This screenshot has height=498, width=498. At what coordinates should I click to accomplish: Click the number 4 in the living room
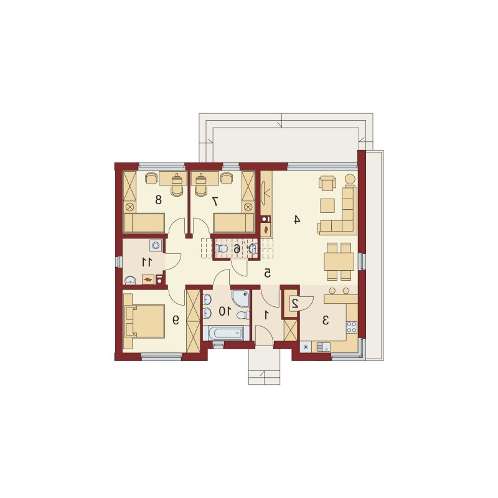(x=296, y=220)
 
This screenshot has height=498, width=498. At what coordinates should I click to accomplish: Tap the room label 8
(x=158, y=200)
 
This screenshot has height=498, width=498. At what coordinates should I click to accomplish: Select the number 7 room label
(x=215, y=201)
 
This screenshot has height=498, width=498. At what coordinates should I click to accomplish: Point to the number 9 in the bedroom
(x=176, y=320)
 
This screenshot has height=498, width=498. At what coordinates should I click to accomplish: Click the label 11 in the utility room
(x=148, y=262)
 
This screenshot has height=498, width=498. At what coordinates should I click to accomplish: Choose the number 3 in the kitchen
(x=325, y=321)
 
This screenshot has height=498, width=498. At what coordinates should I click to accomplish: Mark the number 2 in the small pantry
(x=294, y=304)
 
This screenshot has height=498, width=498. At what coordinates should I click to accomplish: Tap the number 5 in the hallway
(x=268, y=273)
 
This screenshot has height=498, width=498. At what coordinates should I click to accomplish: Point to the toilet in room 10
(x=243, y=315)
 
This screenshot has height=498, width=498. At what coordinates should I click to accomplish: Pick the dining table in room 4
(x=339, y=261)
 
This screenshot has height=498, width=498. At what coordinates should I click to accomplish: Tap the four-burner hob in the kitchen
(x=352, y=327)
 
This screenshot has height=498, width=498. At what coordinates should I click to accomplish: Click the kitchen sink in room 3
(x=323, y=347)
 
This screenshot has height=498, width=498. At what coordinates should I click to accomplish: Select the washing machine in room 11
(x=156, y=245)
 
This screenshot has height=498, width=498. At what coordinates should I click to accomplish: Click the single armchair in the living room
(x=327, y=183)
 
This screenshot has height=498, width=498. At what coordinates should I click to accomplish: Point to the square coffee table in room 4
(x=327, y=205)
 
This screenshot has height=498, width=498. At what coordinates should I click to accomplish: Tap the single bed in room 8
(x=144, y=223)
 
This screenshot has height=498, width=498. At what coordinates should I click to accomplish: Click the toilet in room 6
(x=221, y=248)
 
